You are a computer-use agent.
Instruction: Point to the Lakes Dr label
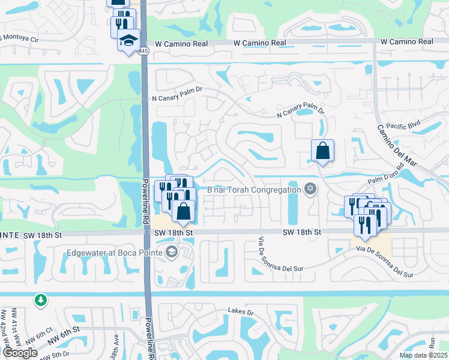tap(241, 312)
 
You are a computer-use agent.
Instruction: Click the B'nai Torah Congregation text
tap(254, 190)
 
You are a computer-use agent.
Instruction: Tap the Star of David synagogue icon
tap(310, 190)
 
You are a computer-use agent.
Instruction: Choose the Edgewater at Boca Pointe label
tap(116, 252)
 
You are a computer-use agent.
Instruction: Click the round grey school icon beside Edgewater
tap(172, 251)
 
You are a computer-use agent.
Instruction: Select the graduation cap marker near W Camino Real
tap(128, 40)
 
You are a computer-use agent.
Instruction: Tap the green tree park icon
tap(40, 299)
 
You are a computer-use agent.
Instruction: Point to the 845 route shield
tap(143, 52)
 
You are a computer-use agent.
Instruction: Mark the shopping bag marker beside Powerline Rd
tap(183, 211)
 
